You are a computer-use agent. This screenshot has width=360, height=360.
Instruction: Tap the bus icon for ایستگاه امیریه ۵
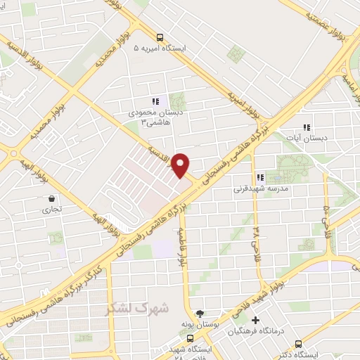coord(160,38)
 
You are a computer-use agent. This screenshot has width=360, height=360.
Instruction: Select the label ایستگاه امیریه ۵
coord(161,50)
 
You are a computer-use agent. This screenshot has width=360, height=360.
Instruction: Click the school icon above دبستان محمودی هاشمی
coord(155,102)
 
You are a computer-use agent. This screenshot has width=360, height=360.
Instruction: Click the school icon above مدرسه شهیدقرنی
coord(259,178)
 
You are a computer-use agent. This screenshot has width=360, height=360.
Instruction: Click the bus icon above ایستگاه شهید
coord(190,337)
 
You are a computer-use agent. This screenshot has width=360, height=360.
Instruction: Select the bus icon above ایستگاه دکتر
coord(299,344)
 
